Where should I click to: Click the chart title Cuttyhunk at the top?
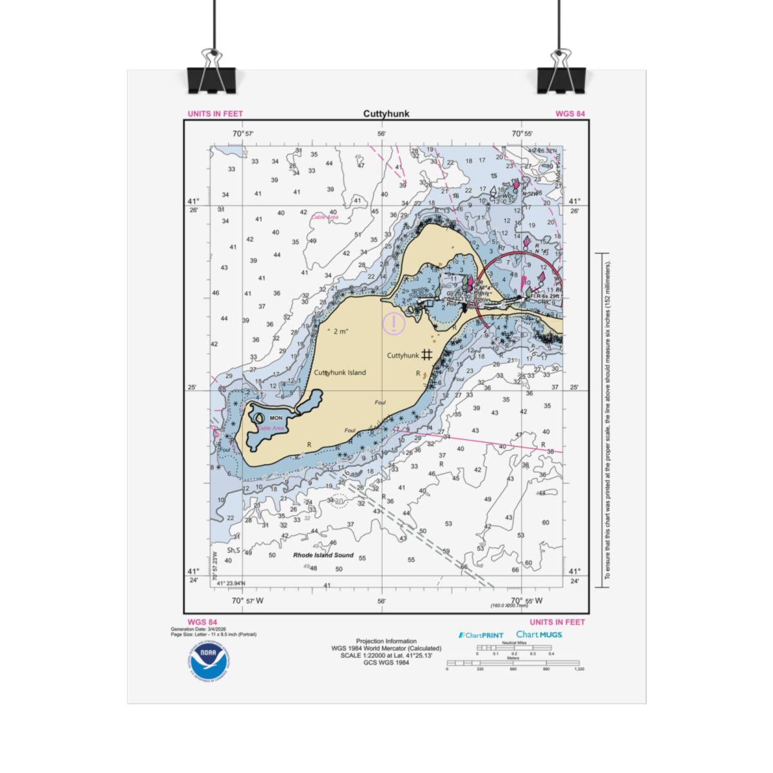click(386, 114)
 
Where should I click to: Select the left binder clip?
click(212, 73)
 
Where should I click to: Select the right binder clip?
click(561, 73)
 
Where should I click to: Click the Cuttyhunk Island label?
click(339, 372)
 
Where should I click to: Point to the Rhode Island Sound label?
click(323, 555)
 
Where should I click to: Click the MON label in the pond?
click(276, 418)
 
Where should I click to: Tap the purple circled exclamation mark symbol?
click(394, 323)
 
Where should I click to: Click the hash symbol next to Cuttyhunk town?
click(426, 354)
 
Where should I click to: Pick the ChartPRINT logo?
click(481, 635)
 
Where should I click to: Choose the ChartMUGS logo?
click(539, 635)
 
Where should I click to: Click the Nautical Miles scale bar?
click(514, 647)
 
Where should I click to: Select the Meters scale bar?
click(513, 663)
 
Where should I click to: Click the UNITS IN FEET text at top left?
click(215, 114)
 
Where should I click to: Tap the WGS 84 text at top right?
click(570, 114)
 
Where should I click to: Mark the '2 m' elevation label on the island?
click(338, 331)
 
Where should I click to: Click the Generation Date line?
click(198, 629)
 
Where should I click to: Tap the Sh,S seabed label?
click(233, 550)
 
